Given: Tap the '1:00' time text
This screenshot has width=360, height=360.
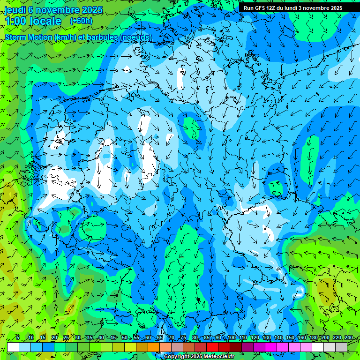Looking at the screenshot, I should pos(15,21).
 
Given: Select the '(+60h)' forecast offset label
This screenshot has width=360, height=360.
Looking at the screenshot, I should pos(81,21).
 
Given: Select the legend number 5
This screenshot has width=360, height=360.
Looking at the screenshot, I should pos(17,338).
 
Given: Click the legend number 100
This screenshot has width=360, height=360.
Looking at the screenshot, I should pos(231,338).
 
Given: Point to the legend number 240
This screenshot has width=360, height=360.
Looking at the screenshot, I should pos(348,338).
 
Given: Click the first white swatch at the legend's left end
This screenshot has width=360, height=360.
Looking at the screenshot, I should pos(13,347).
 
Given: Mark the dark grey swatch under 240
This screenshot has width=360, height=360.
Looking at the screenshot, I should pos(341,347).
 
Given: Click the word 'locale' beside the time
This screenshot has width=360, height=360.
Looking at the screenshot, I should pos(45,21).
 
